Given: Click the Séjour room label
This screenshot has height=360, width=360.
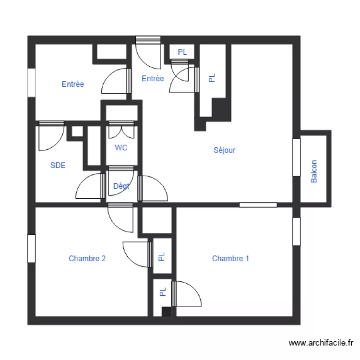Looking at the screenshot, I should [224, 150].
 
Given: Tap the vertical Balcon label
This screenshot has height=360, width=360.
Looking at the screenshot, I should [314, 171].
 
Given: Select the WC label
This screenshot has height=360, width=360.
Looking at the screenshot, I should [121, 148].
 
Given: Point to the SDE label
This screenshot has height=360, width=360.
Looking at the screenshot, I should [58, 166].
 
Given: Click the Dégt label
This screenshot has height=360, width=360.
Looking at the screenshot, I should [121, 186].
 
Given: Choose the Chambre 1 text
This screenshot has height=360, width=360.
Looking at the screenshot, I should [230, 258].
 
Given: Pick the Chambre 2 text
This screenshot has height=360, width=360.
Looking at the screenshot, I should [87, 258].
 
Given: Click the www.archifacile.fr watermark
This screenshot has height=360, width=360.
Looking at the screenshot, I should [321, 343].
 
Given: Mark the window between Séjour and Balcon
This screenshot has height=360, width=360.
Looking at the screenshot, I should [296, 157].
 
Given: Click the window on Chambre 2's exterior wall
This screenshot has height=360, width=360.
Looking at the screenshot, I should [32, 248].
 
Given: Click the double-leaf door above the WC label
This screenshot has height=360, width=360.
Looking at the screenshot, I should [120, 131].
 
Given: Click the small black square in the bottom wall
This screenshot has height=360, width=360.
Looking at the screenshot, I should [166, 312].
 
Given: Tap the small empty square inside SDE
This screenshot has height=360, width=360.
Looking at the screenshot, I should [77, 132].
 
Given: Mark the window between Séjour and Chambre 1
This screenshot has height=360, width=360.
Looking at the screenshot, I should [258, 205].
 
